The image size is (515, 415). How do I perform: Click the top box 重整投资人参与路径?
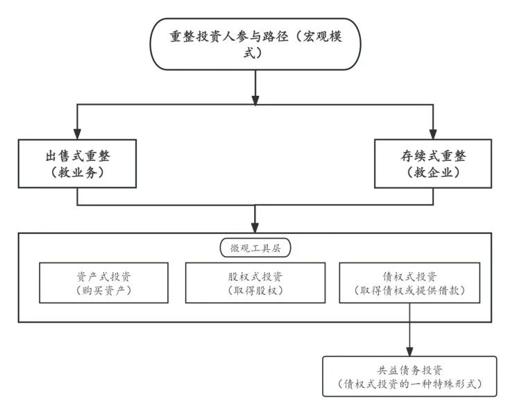coord(255,44)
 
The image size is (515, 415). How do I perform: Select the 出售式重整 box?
coord(77,164)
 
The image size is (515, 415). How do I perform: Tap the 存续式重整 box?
coord(433,164)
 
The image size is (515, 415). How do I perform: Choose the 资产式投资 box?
coord(103,282)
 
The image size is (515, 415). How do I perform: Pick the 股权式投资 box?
coord(255,282)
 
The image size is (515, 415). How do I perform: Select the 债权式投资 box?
coord(409,282)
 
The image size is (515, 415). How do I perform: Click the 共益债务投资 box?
coord(410,375)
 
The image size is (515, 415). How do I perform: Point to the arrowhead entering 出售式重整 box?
coord(77,133)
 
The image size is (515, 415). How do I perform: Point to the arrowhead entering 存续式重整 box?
coord(433,133)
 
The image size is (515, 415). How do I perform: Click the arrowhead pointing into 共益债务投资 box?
coord(409,350)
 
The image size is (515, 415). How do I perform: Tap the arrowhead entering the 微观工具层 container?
coord(255,227)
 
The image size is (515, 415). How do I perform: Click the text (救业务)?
coord(77,173)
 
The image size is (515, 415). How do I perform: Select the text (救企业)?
coord(433,173)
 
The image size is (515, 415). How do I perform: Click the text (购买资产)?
coord(103,290)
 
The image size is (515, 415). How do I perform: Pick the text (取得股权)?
coord(255,290)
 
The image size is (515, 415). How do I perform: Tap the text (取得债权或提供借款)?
coord(409,290)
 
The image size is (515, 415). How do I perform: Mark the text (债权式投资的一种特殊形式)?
coord(410,383)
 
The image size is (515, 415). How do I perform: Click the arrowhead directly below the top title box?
coord(255,99)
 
